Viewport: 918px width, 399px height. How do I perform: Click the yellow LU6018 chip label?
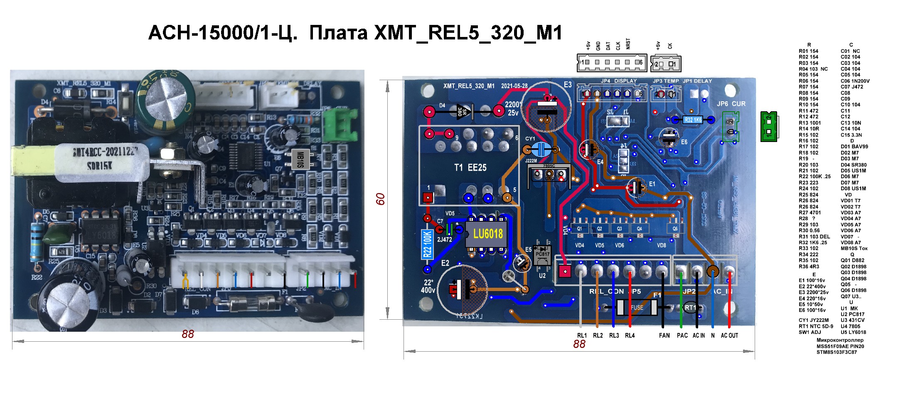[487, 234]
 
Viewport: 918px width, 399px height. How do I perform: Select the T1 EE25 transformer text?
[470, 167]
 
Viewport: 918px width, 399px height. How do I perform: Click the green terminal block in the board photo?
[341, 124]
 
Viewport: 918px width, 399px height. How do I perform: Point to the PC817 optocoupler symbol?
[542, 253]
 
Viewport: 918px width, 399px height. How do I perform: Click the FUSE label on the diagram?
[637, 308]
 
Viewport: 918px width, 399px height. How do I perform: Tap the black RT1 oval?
[690, 308]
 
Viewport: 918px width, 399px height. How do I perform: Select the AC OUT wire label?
[729, 335]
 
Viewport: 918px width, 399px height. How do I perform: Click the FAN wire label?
[664, 335]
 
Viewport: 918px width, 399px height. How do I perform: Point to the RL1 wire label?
[582, 335]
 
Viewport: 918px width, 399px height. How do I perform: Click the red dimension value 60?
[380, 199]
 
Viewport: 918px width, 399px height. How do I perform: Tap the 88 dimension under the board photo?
[188, 334]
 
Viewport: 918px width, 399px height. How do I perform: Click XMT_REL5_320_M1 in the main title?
[468, 33]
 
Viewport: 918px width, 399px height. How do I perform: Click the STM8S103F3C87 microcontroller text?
[837, 352]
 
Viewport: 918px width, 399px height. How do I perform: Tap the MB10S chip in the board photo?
[301, 159]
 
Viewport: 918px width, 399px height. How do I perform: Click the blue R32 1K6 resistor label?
[693, 120]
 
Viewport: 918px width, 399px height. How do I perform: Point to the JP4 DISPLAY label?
[618, 81]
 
